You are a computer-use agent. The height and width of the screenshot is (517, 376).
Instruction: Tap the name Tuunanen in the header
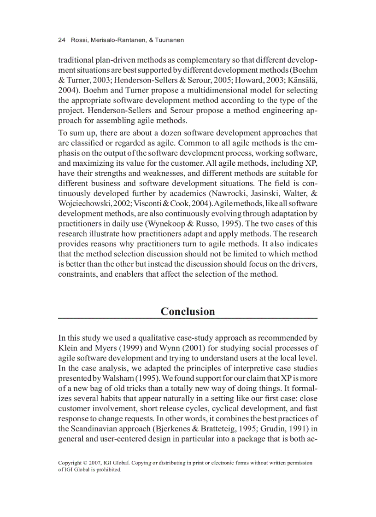(x=169, y=40)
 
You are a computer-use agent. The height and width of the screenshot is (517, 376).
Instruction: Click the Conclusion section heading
(x=188, y=311)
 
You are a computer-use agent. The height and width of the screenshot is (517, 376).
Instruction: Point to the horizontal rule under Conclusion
(x=188, y=319)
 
